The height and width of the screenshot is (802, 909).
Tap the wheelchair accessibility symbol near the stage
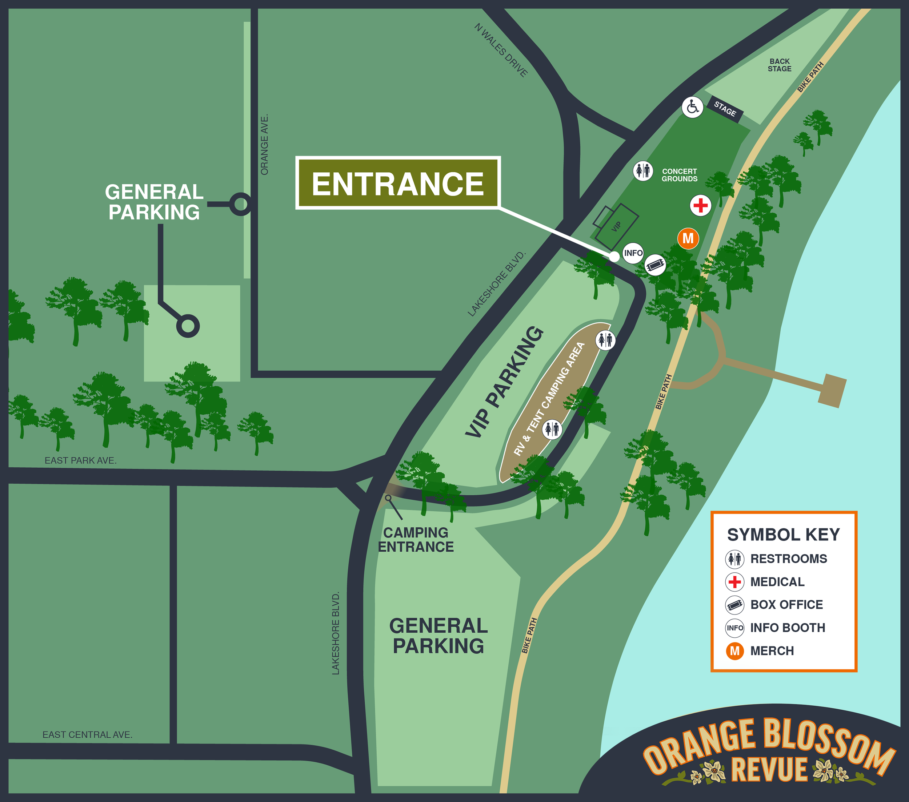tap(692, 107)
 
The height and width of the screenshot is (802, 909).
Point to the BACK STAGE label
tap(779, 65)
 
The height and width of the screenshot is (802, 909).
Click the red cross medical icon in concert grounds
tap(700, 205)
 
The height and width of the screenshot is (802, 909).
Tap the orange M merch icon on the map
tap(688, 238)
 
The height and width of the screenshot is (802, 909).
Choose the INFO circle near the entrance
tap(633, 253)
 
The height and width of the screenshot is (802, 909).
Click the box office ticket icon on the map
tap(655, 265)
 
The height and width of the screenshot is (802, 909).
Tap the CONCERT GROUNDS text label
tap(679, 175)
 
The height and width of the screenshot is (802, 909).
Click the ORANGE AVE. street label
tap(264, 145)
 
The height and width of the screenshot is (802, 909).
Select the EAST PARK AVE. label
tap(80, 460)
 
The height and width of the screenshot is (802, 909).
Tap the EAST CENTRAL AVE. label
tap(87, 735)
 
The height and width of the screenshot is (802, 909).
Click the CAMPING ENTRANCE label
tap(416, 539)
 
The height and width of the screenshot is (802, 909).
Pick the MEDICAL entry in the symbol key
tap(777, 581)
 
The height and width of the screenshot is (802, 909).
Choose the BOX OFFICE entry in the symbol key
tap(786, 605)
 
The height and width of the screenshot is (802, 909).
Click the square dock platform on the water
tap(832, 390)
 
